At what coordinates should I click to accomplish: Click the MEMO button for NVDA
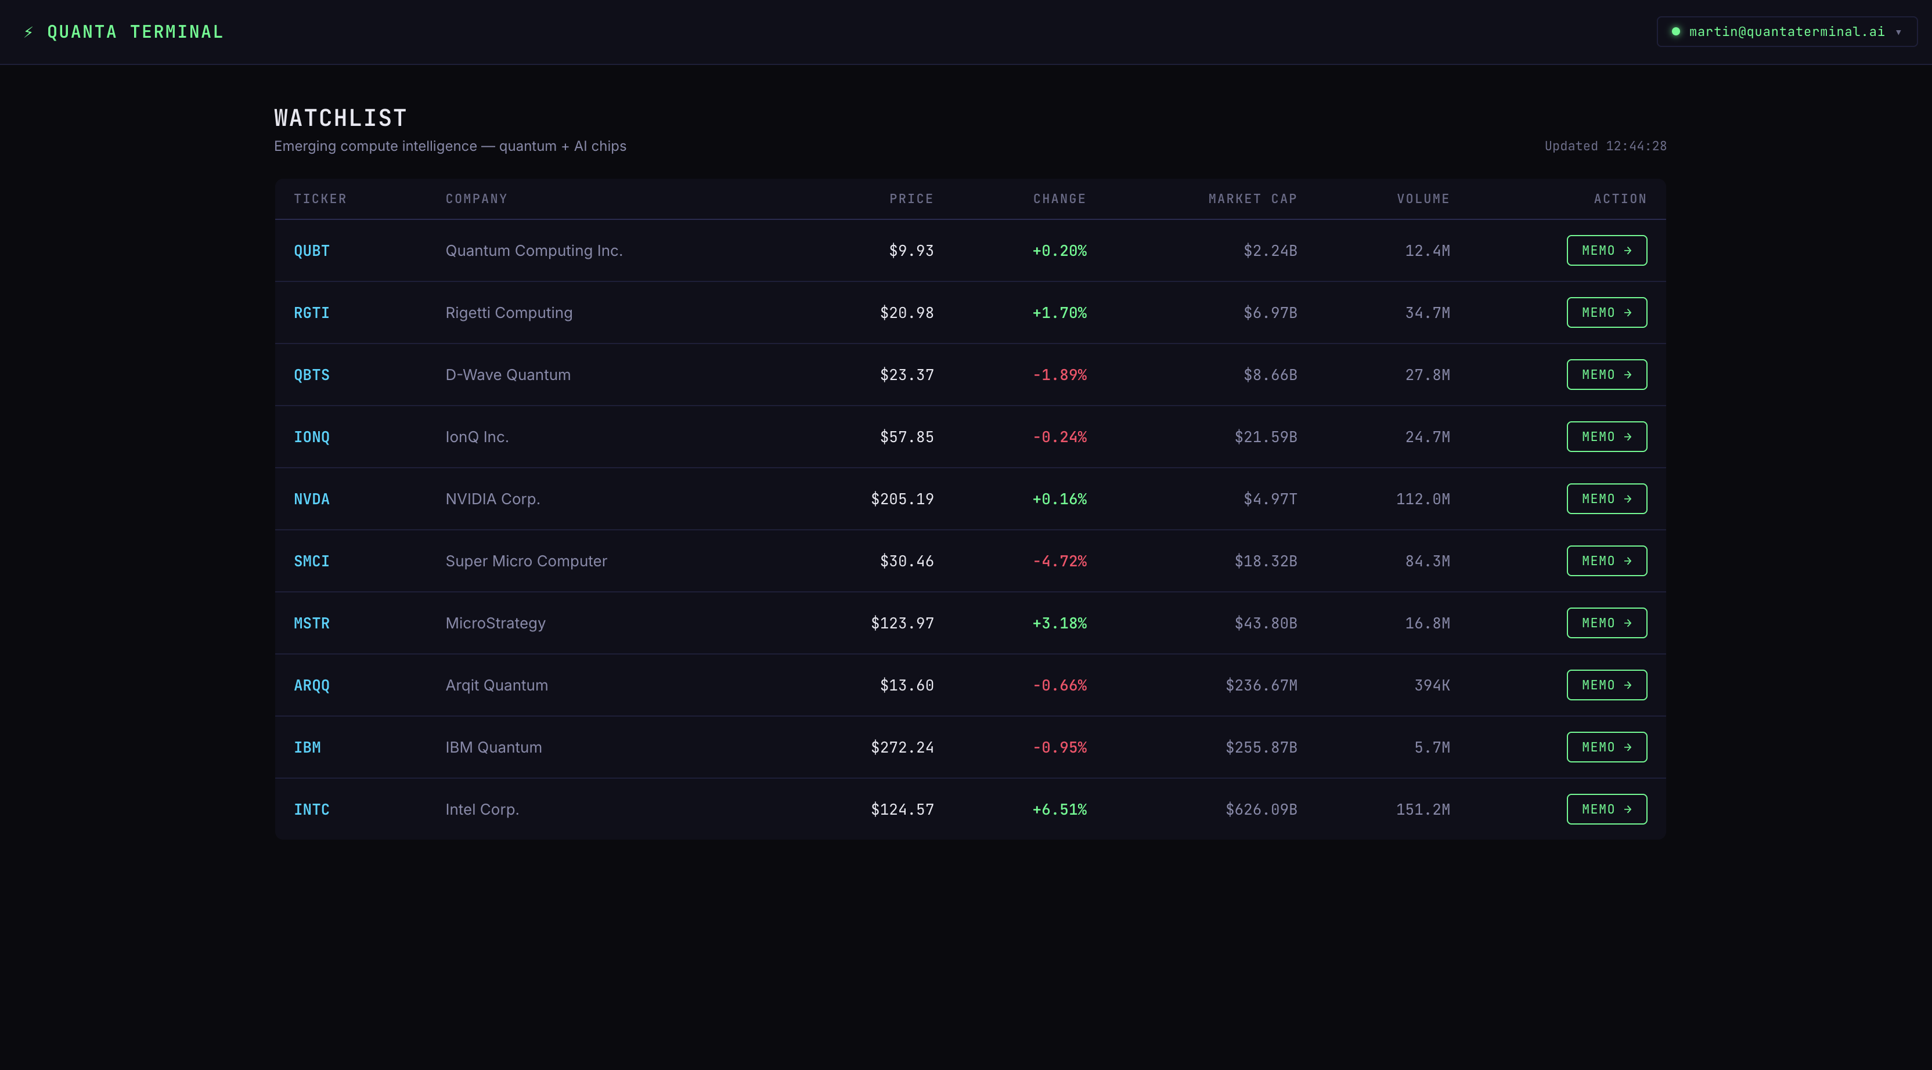tap(1606, 498)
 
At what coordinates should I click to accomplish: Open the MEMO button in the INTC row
tap(1606, 809)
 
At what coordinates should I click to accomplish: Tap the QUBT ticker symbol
tap(311, 251)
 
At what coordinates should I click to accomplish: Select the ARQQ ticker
tap(311, 685)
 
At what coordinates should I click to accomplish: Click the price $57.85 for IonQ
tap(907, 436)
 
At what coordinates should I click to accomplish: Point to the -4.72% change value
tap(1059, 561)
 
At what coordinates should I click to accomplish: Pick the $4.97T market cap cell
tap(1270, 498)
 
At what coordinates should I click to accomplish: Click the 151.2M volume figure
tap(1423, 809)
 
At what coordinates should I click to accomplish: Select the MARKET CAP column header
tap(1253, 198)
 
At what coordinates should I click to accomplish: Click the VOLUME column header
tap(1423, 198)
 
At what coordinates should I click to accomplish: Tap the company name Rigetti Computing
tap(509, 313)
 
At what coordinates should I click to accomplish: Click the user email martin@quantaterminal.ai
tap(1786, 31)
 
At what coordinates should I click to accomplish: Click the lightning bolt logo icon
tap(28, 32)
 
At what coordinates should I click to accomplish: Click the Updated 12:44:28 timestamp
tap(1606, 146)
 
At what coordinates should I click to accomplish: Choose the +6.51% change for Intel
tap(1059, 809)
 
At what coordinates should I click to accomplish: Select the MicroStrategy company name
tap(495, 623)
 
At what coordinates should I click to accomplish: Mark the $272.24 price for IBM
tap(902, 747)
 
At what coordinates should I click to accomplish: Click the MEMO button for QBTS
tap(1606, 374)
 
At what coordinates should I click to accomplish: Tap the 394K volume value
tap(1432, 685)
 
